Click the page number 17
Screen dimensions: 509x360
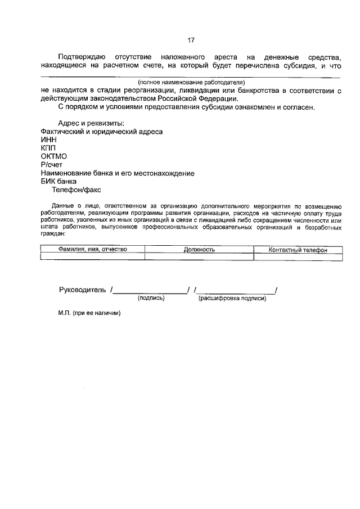(x=191, y=40)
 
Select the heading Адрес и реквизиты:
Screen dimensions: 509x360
(x=91, y=123)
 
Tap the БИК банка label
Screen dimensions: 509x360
(x=58, y=182)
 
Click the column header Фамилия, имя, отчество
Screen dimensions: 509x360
(x=93, y=249)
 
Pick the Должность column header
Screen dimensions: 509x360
(x=199, y=249)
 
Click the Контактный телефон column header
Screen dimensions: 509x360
(x=298, y=249)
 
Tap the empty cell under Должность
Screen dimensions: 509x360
(x=199, y=256)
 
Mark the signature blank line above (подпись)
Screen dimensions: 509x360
(x=150, y=292)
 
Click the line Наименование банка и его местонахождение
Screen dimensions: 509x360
(x=118, y=173)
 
